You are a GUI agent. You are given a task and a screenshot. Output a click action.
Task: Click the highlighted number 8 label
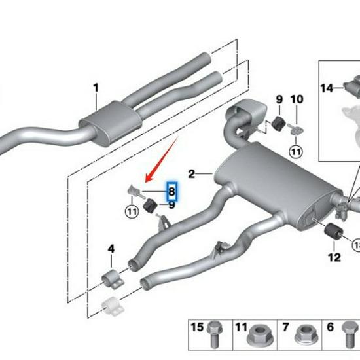(171, 191)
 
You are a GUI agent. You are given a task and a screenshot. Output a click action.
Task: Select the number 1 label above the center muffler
(96, 88)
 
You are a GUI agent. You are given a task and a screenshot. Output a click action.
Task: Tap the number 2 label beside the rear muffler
(191, 173)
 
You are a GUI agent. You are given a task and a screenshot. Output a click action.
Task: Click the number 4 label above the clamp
(111, 249)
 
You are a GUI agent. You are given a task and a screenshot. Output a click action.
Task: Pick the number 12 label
(334, 257)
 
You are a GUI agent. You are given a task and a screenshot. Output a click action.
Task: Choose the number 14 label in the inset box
(327, 87)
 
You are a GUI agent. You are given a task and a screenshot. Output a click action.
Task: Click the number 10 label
(297, 99)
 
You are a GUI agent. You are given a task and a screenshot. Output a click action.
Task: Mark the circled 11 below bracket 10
(297, 151)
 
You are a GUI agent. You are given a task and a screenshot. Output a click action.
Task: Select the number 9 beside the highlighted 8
(172, 205)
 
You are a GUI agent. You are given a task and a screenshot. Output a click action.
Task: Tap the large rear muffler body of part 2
(268, 183)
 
